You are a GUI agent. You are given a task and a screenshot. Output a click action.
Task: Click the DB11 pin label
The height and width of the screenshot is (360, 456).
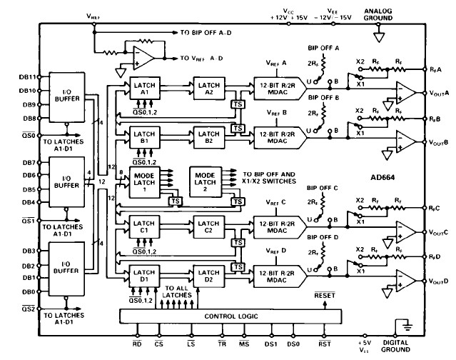[x=27, y=76]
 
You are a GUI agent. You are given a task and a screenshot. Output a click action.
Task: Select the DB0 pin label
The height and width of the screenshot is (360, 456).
[x=29, y=292]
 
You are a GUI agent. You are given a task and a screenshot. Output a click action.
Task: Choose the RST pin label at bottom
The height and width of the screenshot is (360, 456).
[x=324, y=344]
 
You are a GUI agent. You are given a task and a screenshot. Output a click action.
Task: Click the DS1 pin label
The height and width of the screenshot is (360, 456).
[x=270, y=344]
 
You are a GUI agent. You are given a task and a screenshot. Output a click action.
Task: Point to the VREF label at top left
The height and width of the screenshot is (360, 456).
[x=93, y=15]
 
